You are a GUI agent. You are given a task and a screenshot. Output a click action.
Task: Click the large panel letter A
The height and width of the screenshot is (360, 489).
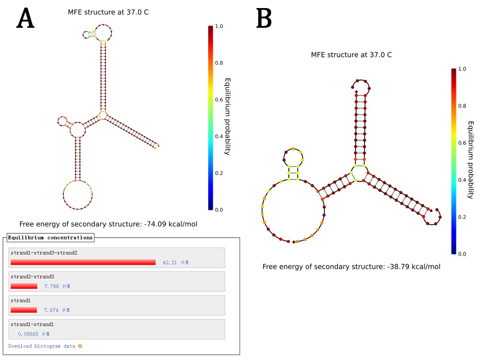point(26,19)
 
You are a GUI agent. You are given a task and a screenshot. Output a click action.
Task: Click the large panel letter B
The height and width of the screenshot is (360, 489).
point(264,19)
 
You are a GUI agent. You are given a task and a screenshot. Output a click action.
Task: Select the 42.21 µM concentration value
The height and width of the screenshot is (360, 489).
point(176,262)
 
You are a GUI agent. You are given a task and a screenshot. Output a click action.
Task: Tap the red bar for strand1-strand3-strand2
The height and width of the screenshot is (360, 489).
point(83,262)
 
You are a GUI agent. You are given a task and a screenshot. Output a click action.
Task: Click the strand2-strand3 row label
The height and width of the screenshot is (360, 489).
point(30,277)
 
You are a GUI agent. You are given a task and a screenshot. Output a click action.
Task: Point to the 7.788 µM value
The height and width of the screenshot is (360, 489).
point(57,286)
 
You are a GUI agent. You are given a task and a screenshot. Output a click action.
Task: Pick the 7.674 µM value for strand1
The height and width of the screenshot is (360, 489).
point(56,310)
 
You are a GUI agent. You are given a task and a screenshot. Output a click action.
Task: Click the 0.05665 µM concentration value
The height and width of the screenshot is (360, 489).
point(34,334)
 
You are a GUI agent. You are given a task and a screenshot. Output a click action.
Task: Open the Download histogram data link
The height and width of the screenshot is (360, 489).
point(42,346)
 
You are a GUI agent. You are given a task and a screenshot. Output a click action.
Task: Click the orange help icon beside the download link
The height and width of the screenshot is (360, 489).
point(80,346)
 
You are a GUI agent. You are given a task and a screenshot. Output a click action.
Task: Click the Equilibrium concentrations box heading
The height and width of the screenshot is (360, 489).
point(50,237)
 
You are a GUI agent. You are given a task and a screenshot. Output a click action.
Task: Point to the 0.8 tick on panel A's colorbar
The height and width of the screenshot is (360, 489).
point(219,63)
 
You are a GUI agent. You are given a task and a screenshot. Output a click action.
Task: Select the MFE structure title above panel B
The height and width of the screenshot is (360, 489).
point(351,55)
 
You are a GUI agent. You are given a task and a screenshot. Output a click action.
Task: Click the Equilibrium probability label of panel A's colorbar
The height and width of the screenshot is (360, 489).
point(227,116)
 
